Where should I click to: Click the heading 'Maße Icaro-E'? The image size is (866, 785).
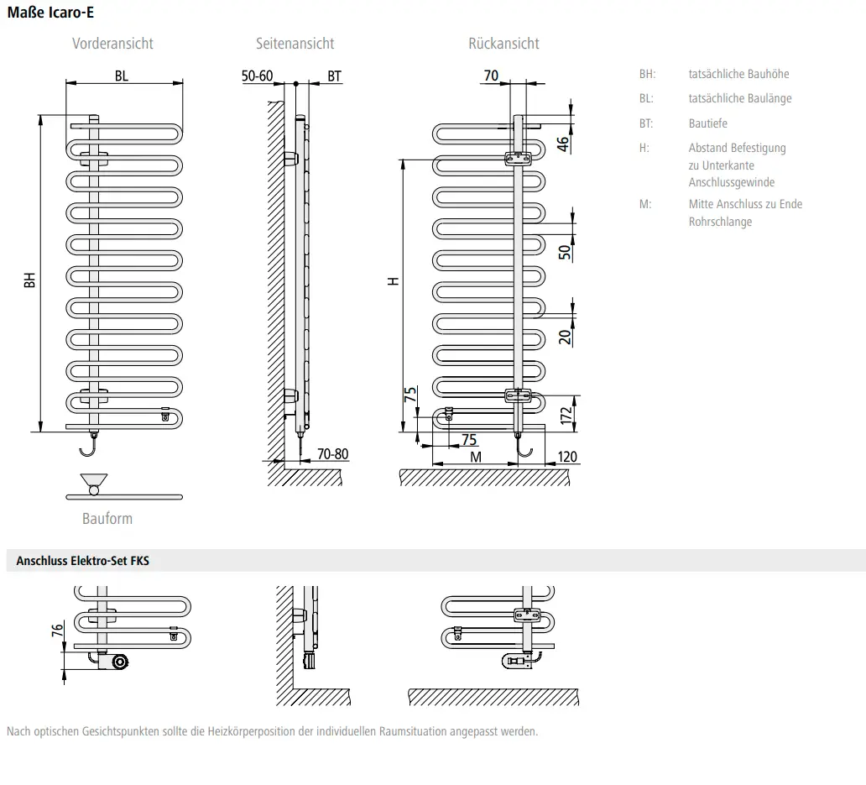50,12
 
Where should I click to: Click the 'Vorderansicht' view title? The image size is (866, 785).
112,44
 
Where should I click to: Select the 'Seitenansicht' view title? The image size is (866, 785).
295,44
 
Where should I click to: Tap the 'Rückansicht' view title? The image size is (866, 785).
503,44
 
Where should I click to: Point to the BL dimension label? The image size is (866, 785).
122,76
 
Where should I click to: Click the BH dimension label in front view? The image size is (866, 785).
29,280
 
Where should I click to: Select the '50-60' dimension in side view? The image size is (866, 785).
257,76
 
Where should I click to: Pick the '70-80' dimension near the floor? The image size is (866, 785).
332,454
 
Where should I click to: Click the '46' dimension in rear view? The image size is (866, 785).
562,144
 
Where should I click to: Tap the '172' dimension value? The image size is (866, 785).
566,416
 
